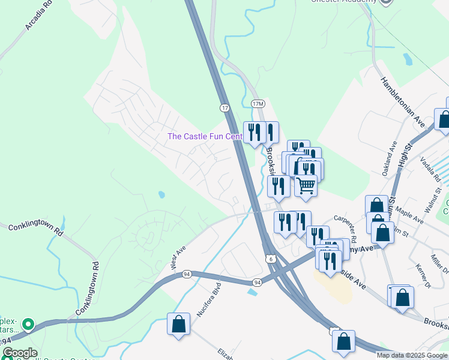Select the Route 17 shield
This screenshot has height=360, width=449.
pyautogui.click(x=224, y=107)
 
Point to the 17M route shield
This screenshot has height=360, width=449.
pyautogui.click(x=258, y=104)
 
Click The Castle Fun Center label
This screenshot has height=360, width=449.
pyautogui.click(x=205, y=136)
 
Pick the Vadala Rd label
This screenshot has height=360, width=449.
pyautogui.click(x=431, y=164)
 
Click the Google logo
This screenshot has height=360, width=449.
pyautogui.click(x=19, y=353)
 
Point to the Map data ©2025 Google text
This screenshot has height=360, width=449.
pyautogui.click(x=412, y=355)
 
